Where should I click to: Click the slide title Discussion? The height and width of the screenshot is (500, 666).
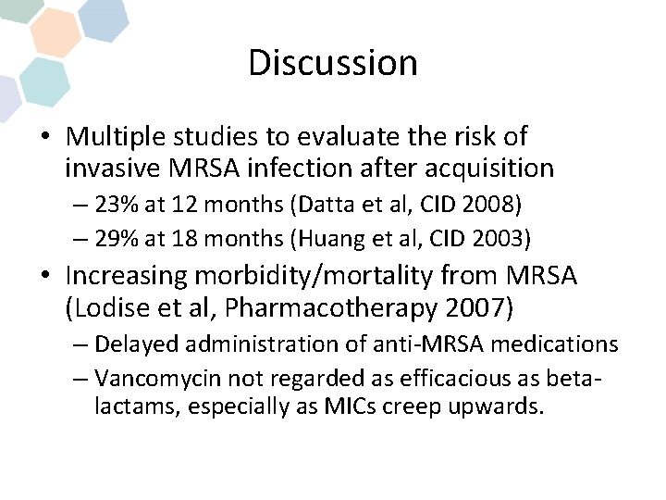click(x=333, y=63)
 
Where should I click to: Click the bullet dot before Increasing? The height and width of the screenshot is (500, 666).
click(x=44, y=276)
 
